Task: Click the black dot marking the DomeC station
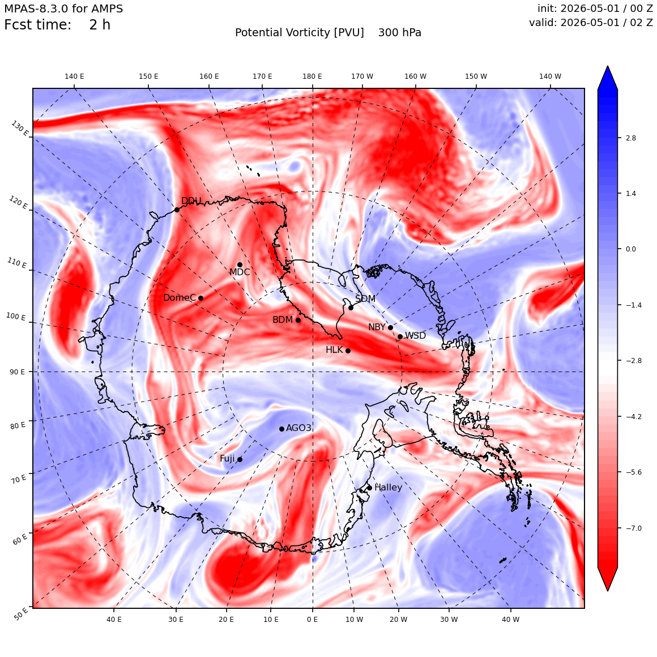click(x=200, y=298)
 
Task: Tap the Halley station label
click(x=389, y=487)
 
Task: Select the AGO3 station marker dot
click(x=281, y=429)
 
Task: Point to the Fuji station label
click(x=228, y=459)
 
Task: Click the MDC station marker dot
click(x=240, y=265)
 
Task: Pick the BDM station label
click(x=283, y=319)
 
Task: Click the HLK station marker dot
click(x=348, y=351)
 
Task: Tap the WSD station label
click(x=415, y=336)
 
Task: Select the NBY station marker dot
click(x=390, y=328)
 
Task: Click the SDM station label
click(x=365, y=298)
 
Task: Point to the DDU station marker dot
click(x=177, y=210)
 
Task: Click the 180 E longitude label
click(x=312, y=76)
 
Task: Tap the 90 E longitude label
click(x=17, y=372)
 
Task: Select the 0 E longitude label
click(x=312, y=619)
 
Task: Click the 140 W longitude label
click(x=550, y=76)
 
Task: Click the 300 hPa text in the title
click(x=400, y=33)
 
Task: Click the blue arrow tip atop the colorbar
click(x=608, y=66)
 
